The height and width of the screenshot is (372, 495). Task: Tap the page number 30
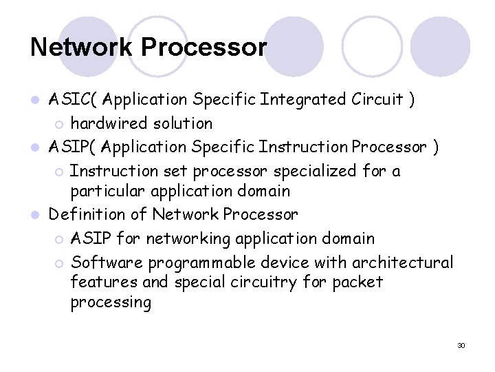click(461, 344)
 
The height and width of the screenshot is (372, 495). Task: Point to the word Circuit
click(377, 99)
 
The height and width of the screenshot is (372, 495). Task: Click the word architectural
click(402, 262)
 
